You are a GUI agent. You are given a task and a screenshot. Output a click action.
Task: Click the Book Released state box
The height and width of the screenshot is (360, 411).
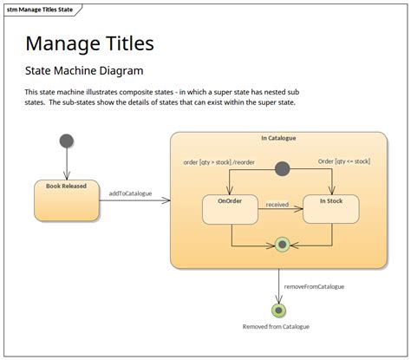[67, 200]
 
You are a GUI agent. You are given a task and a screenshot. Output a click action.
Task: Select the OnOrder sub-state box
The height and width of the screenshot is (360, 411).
[230, 210]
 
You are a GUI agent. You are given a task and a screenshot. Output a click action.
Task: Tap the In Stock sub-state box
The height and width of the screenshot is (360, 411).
[331, 209]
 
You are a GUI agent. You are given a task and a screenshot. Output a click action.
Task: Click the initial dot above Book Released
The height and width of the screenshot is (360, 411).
[67, 141]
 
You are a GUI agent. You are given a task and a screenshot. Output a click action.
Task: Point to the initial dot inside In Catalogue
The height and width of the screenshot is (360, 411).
[282, 169]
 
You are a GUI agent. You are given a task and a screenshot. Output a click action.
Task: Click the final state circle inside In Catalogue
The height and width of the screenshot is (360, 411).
[282, 245]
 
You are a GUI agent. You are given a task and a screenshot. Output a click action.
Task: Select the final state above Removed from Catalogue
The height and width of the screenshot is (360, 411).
[278, 311]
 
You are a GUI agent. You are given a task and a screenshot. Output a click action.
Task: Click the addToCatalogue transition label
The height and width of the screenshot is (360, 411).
[130, 193]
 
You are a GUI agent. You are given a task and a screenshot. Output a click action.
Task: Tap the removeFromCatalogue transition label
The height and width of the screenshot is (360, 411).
[314, 286]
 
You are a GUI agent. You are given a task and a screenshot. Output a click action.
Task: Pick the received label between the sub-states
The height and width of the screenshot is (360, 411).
[277, 205]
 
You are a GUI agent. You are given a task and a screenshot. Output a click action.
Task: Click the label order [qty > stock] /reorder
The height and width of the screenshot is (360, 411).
[219, 162]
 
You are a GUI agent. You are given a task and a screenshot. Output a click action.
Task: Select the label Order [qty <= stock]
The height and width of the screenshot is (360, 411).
[344, 161]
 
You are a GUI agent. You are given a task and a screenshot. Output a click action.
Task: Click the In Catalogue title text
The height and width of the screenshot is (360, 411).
[278, 138]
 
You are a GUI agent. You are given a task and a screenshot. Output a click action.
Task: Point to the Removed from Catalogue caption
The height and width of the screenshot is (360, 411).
[276, 327]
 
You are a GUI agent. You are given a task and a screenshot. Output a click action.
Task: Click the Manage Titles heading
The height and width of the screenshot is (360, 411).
[89, 43]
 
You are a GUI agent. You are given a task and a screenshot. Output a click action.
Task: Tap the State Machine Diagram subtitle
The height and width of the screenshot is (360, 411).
[84, 70]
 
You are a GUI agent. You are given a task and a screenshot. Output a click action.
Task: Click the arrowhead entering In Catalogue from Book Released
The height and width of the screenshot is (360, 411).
[166, 200]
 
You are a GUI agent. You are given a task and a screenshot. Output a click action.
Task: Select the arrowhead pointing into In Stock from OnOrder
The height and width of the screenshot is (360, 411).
[298, 209]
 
